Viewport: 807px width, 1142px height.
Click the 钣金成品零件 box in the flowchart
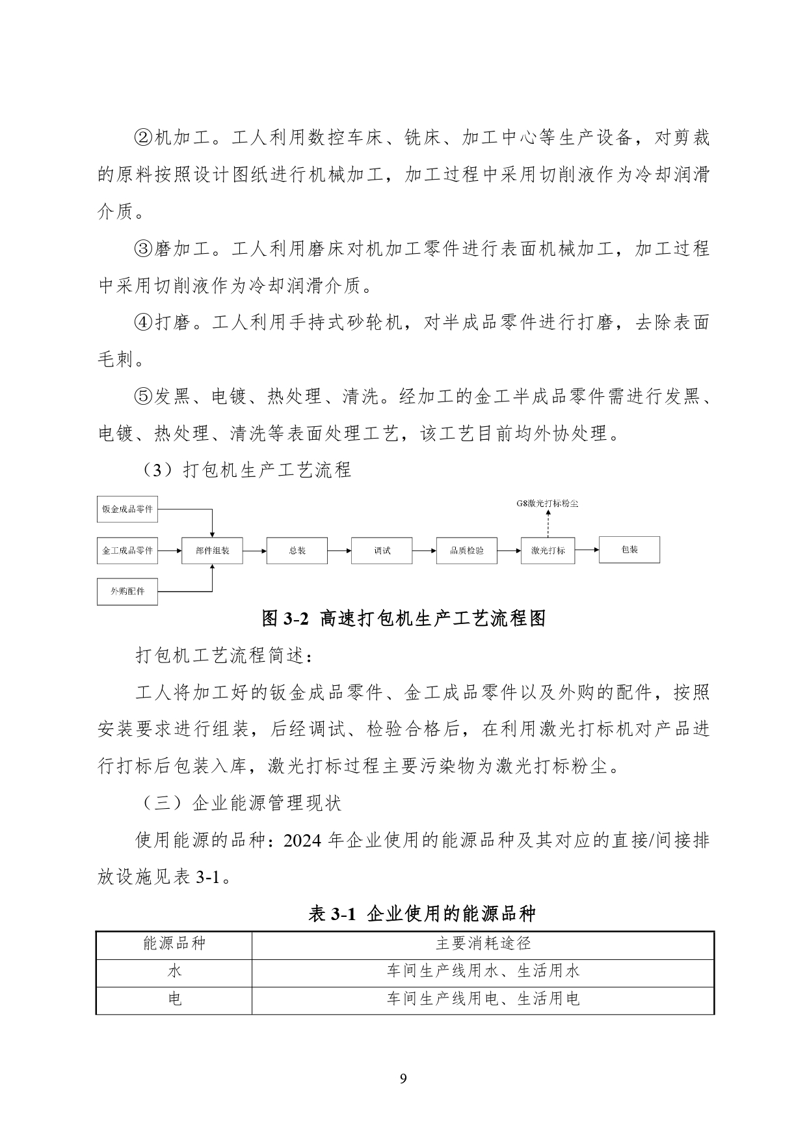[127, 509]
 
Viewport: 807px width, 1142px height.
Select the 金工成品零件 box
[127, 551]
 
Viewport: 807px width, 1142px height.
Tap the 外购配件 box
[127, 591]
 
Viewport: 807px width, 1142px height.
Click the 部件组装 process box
[213, 551]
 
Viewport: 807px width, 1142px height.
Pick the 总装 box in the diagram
[297, 551]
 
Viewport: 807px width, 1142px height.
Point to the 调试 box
[382, 551]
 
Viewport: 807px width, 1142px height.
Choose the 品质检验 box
[467, 551]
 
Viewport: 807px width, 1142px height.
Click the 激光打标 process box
[548, 551]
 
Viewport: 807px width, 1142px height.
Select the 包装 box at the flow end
[629, 550]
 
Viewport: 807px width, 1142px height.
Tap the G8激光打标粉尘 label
[548, 504]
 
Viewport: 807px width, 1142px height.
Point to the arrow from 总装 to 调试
[339, 551]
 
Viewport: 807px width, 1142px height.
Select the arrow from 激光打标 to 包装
[587, 550]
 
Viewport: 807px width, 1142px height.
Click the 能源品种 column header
[174, 943]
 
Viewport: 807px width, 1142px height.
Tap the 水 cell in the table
[174, 971]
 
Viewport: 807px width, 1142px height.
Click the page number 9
[403, 1079]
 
